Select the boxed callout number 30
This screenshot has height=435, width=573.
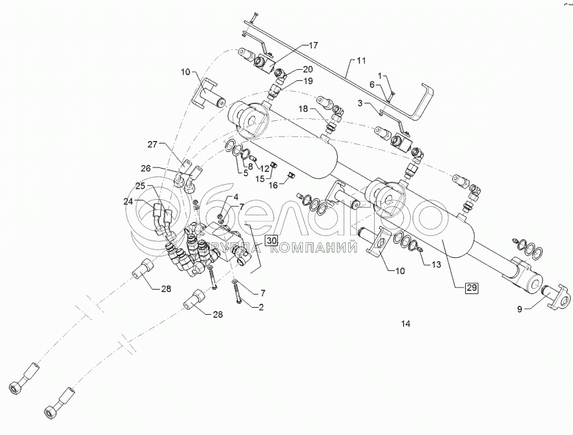pyautogui.click(x=272, y=240)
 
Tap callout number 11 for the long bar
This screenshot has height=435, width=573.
pyautogui.click(x=360, y=61)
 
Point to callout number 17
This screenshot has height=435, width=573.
pyautogui.click(x=313, y=45)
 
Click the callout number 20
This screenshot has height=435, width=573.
pyautogui.click(x=308, y=69)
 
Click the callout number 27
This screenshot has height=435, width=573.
pyautogui.click(x=152, y=144)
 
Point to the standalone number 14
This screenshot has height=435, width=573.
pyautogui.click(x=405, y=323)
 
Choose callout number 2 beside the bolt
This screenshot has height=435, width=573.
pyautogui.click(x=261, y=307)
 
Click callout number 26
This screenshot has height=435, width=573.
pyautogui.click(x=146, y=168)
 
